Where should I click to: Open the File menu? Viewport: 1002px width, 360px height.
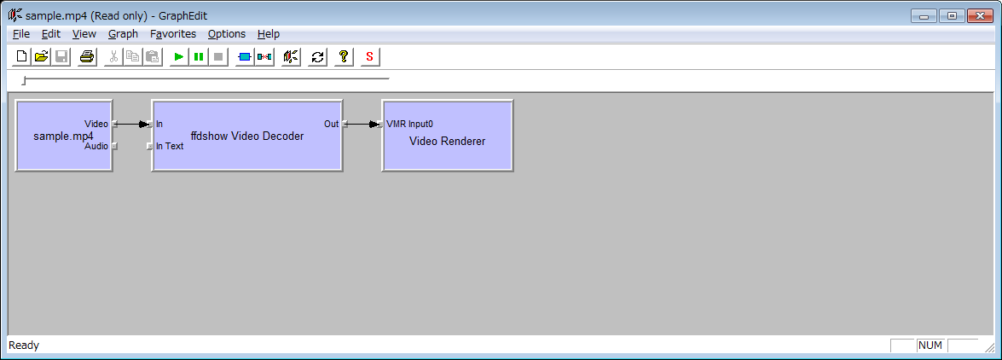click(x=21, y=34)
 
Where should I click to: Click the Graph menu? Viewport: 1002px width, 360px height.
click(x=123, y=34)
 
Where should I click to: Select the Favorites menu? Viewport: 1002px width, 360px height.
click(x=173, y=34)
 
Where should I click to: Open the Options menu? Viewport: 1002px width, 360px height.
click(x=227, y=34)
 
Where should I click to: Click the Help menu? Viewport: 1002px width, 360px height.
click(x=269, y=34)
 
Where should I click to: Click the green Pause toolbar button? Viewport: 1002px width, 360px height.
click(x=199, y=57)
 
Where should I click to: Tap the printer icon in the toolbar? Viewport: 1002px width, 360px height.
click(x=87, y=57)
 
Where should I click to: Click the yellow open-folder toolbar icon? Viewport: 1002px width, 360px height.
click(x=42, y=57)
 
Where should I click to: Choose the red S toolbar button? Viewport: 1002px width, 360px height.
click(x=369, y=57)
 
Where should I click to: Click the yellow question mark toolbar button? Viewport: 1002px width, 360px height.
click(x=343, y=57)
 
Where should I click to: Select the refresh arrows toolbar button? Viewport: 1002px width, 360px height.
click(x=317, y=57)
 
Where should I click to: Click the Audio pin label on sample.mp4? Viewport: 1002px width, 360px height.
click(x=96, y=147)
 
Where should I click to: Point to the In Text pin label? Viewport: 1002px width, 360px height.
click(x=170, y=146)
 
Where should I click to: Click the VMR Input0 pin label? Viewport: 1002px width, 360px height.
click(x=409, y=124)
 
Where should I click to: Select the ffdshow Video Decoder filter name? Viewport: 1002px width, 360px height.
click(x=247, y=136)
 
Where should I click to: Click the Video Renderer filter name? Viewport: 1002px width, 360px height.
click(x=448, y=142)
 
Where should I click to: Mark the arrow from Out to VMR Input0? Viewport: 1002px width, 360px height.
click(x=362, y=124)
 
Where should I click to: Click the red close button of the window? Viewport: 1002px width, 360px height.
click(x=979, y=15)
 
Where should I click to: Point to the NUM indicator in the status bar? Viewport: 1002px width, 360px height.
click(x=930, y=345)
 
